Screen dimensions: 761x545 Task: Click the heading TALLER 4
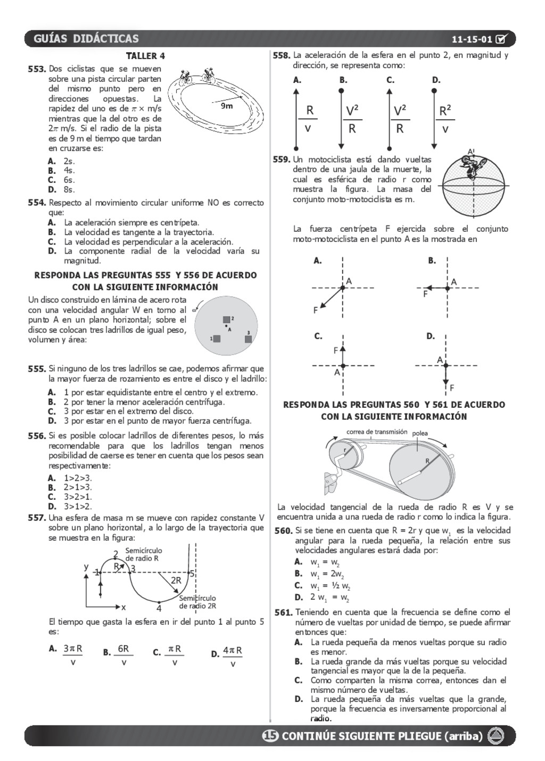[145, 56]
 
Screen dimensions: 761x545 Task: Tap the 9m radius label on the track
[227, 106]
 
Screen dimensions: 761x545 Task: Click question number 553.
[37, 69]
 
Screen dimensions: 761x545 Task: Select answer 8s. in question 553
[69, 189]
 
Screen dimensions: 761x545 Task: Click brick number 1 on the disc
[217, 338]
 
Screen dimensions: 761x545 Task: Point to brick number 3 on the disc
[248, 339]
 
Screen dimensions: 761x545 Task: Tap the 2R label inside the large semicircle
[176, 580]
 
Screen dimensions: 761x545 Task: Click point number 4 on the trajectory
[159, 608]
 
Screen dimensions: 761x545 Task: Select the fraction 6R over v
[123, 655]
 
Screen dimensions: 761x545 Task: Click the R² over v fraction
[445, 120]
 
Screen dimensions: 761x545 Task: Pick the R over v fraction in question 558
[309, 120]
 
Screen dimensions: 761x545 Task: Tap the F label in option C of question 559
[335, 350]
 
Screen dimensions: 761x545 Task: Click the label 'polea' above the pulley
[420, 433]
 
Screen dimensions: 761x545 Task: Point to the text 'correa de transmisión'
[376, 432]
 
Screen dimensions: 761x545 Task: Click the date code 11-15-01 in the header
[472, 39]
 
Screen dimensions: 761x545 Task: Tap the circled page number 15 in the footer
[270, 735]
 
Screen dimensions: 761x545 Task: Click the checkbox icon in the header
[502, 39]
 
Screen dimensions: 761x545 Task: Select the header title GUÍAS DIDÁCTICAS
[86, 39]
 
